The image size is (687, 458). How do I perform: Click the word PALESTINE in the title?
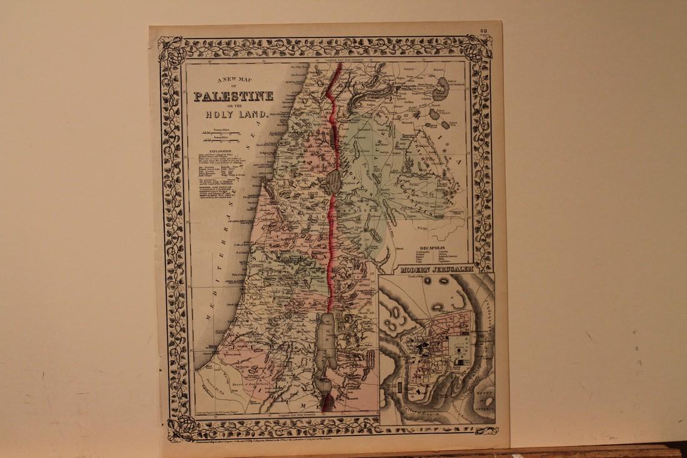(233, 96)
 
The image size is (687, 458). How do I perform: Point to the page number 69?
(483, 31)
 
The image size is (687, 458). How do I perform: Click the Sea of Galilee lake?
(335, 181)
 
